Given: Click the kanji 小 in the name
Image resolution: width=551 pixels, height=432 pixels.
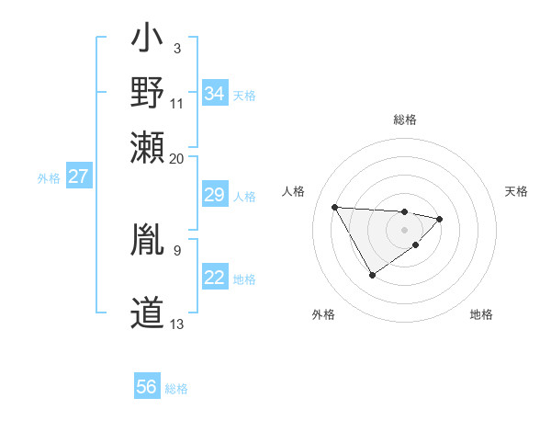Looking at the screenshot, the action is coord(147,42).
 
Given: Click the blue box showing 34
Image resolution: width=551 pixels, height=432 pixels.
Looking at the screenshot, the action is coord(215,94).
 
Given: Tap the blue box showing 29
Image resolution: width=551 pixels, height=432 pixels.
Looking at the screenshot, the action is coord(215,195).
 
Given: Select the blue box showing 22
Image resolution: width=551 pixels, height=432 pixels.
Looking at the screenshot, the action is coord(215,279).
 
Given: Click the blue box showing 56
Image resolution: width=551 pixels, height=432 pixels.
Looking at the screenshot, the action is coord(147,387).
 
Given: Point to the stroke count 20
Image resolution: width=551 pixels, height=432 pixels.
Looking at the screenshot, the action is coord(177,158).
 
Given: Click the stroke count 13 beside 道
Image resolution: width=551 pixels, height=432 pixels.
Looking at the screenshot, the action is coord(177,324).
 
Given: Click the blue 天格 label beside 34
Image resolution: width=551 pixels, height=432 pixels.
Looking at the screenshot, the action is coord(244,95).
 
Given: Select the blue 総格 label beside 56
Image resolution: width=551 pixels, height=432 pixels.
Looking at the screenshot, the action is coord(176,389).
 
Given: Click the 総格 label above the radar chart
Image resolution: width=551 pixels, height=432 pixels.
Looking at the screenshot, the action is coord(405,119).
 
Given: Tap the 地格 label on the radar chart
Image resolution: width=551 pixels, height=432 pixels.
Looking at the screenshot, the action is coord(481,314).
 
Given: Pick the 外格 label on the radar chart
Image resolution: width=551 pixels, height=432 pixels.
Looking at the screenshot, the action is coord(323,314).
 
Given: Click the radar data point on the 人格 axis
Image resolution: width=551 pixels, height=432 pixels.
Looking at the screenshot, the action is coord(335,206).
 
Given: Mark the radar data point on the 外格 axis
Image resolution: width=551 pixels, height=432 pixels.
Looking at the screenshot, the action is coord(372,275).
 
